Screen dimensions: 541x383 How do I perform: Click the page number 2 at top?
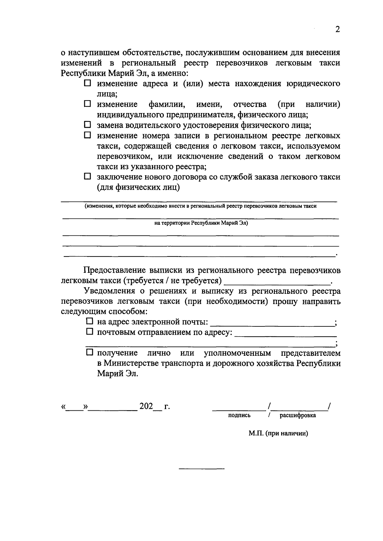pyautogui.click(x=338, y=30)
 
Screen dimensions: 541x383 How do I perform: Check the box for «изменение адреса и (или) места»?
pyautogui.click(x=87, y=84)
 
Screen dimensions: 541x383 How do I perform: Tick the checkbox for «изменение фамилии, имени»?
pyautogui.click(x=87, y=104)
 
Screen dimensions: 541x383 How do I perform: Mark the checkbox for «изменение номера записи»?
pyautogui.click(x=87, y=135)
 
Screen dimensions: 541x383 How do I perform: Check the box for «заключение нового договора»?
pyautogui.click(x=87, y=177)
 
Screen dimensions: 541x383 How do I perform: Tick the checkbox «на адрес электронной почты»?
pyautogui.click(x=90, y=322)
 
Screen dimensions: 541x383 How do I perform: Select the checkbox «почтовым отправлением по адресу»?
pyautogui.click(x=90, y=332)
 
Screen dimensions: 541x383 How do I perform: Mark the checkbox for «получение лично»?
pyautogui.click(x=90, y=353)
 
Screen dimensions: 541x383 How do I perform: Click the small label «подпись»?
pyautogui.click(x=239, y=415)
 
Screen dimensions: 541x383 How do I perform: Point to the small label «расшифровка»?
pyautogui.click(x=298, y=415)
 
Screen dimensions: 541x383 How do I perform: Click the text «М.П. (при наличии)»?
pyautogui.click(x=278, y=434)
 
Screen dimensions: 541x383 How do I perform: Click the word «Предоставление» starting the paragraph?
pyautogui.click(x=115, y=270)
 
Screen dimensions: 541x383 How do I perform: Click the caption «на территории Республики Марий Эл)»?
pyautogui.click(x=201, y=223)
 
